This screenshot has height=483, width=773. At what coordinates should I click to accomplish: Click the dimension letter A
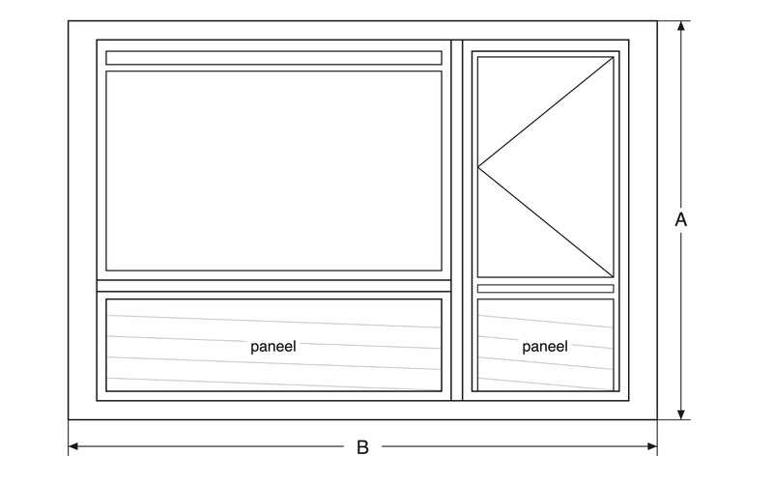coord(681,220)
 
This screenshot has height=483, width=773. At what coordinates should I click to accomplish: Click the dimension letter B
coord(362,447)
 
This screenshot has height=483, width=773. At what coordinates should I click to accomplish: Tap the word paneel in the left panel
coord(273,347)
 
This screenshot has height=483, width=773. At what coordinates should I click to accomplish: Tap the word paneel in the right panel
coord(545,347)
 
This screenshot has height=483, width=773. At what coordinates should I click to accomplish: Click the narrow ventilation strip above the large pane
coord(273,58)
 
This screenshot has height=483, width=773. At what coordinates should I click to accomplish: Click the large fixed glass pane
coord(273,171)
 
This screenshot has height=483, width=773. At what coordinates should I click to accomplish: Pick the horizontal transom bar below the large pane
coord(273,286)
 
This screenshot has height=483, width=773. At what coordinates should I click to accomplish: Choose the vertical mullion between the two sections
coord(457,220)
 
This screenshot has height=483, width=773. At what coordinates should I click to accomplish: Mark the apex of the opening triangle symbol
coord(477,167)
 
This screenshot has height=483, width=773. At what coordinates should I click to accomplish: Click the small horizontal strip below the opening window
coord(545,289)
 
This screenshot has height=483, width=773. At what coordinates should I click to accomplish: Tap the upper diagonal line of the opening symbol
coord(545,112)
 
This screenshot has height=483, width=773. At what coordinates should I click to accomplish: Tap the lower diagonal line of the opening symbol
coord(545,222)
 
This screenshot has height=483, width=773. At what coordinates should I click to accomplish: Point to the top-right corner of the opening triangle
coord(614,57)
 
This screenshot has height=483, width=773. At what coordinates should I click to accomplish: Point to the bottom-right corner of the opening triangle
coord(614,277)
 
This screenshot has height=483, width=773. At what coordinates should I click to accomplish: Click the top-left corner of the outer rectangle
coord(68,20)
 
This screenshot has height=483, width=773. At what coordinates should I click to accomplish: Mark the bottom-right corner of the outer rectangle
coord(657,420)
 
